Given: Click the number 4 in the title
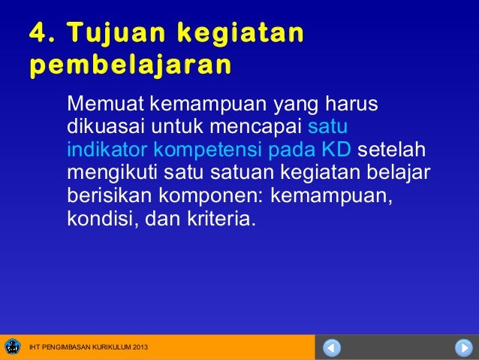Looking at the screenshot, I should pyautogui.click(x=38, y=33).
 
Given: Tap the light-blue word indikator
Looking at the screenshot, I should pyautogui.click(x=107, y=148).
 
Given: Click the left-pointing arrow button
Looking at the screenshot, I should pyautogui.click(x=333, y=348).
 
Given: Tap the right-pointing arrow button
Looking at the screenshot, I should pyautogui.click(x=462, y=348).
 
